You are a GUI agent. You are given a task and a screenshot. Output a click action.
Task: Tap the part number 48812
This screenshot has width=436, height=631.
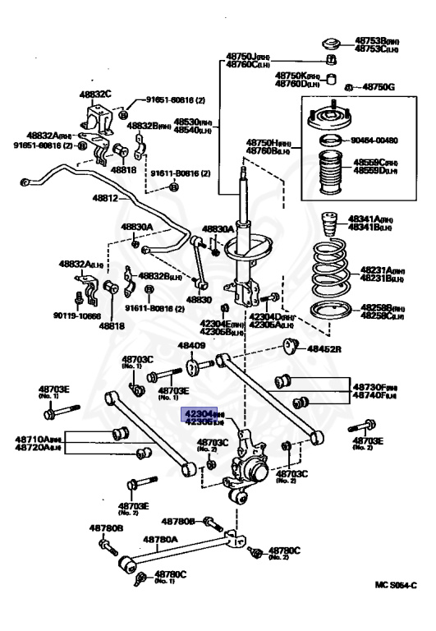pos(104,199)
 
